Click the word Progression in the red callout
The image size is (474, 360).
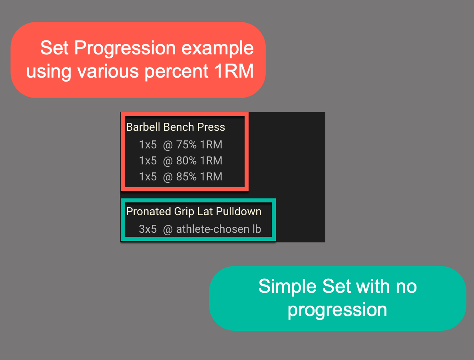(x=125, y=48)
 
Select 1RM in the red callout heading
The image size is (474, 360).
(x=234, y=71)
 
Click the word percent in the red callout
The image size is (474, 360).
(x=177, y=72)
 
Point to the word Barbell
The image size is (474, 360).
(x=143, y=127)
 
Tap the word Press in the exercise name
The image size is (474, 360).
(x=211, y=127)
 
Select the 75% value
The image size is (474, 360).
(x=187, y=145)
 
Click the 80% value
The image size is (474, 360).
(x=187, y=161)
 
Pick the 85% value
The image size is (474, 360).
(x=187, y=177)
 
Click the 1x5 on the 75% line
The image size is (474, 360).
(x=148, y=145)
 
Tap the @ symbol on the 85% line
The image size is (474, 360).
(x=168, y=177)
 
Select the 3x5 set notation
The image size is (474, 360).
(x=148, y=229)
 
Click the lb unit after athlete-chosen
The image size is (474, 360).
(x=257, y=229)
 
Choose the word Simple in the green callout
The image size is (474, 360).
(x=288, y=286)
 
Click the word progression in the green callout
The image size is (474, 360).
(x=337, y=310)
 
